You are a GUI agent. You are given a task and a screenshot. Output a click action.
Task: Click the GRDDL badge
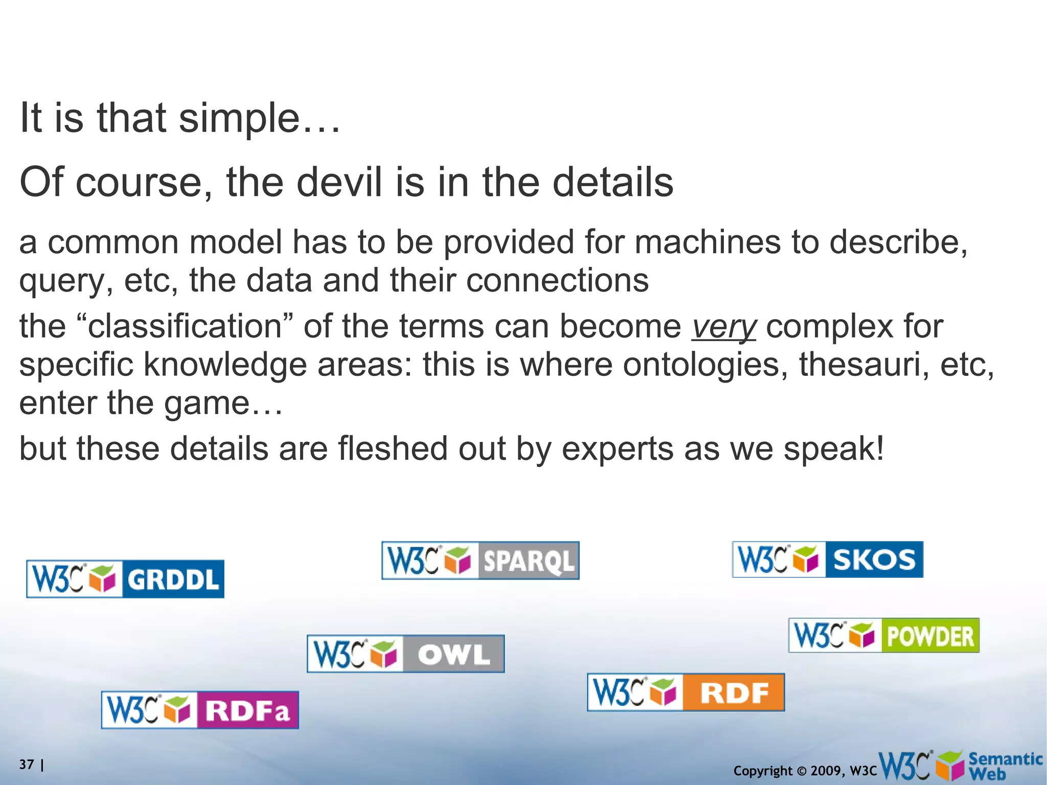(125, 579)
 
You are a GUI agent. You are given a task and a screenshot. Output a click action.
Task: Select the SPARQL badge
(480, 560)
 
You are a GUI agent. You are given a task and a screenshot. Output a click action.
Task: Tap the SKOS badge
(828, 559)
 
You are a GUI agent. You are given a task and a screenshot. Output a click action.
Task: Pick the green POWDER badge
(884, 635)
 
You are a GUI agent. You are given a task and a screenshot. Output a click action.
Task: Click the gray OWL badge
(405, 654)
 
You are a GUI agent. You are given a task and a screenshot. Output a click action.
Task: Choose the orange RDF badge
(686, 692)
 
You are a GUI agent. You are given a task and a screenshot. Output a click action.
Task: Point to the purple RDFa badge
(200, 710)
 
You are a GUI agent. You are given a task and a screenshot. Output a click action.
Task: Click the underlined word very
(723, 327)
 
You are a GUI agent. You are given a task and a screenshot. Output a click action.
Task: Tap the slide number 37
(27, 765)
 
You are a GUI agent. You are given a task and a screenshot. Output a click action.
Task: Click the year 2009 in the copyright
(826, 771)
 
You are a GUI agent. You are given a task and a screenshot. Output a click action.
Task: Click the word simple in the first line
(239, 118)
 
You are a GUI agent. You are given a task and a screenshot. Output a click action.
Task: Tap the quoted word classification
(185, 326)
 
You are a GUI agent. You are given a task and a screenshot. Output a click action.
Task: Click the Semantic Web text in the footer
(1005, 766)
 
